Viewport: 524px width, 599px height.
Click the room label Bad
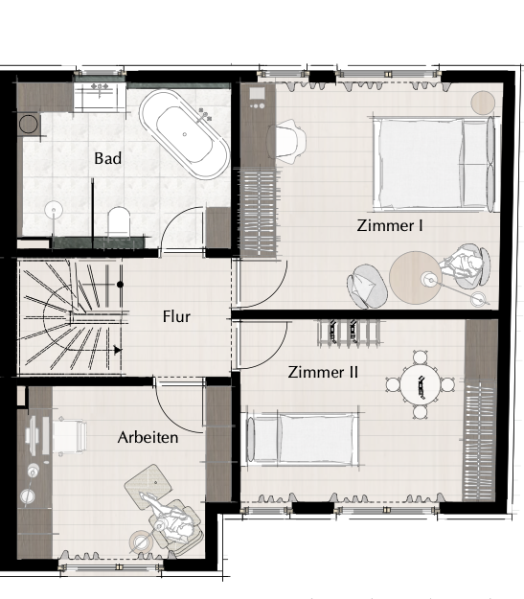(108, 158)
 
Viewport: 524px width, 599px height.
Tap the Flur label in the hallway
(176, 316)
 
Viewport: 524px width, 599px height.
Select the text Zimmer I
(390, 225)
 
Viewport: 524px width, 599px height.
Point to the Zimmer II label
(323, 372)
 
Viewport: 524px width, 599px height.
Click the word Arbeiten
(148, 437)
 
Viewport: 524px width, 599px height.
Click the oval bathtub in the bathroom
(185, 134)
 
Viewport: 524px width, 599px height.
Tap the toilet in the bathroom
(119, 222)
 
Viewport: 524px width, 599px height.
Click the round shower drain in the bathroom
(54, 210)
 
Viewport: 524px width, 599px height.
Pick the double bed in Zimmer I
(434, 164)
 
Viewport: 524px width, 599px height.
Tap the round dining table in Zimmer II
(419, 384)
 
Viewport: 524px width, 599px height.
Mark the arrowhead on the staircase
(118, 350)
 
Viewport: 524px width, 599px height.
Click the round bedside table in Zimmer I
(483, 103)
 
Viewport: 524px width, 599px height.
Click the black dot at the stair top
(120, 285)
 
